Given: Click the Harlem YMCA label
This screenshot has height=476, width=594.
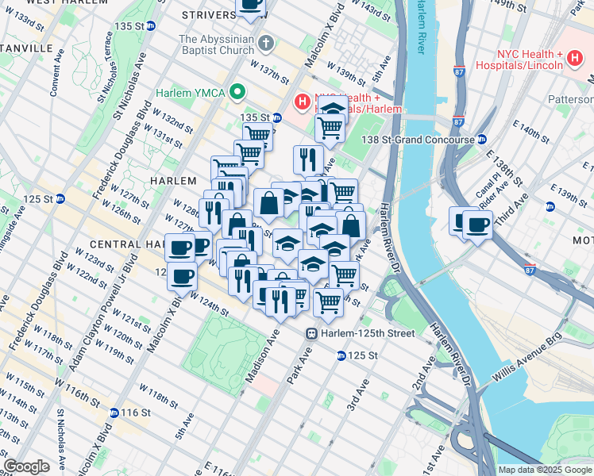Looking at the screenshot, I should click(191, 93).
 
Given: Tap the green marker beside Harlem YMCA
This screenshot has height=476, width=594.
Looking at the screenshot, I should click(237, 93).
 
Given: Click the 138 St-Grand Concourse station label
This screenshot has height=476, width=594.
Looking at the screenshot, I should click(426, 139).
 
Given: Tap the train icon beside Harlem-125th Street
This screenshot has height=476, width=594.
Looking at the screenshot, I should click(314, 333).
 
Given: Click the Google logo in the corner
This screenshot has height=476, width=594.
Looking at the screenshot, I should click(26, 466).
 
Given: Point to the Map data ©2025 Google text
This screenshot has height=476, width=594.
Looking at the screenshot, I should click(545, 470).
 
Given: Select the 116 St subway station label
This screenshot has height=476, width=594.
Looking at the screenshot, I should click(136, 413).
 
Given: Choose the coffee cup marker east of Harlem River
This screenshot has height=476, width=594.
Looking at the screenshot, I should click(476, 225).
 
